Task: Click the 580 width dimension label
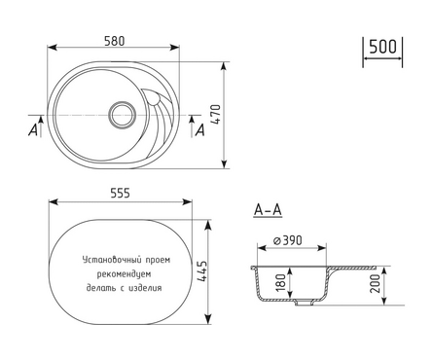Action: (115, 41)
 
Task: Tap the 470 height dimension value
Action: (216, 114)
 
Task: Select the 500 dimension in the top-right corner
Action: (382, 47)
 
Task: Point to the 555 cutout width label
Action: (120, 193)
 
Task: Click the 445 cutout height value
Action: (201, 270)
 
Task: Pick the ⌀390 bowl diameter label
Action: (288, 240)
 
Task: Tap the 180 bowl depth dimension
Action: (281, 281)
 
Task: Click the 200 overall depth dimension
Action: (375, 283)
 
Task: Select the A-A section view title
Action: (268, 210)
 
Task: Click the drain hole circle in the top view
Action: (123, 115)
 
